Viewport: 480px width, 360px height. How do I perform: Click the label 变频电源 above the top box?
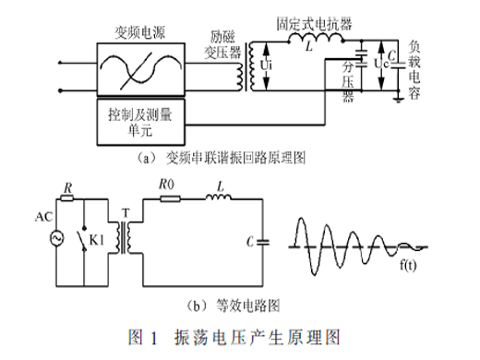[x=140, y=32]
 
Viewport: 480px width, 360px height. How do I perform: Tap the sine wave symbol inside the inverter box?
[x=141, y=69]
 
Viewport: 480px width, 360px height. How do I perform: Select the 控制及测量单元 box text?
[x=140, y=122]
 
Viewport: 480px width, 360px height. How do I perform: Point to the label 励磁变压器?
[x=222, y=45]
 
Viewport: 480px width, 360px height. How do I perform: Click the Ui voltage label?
[x=266, y=66]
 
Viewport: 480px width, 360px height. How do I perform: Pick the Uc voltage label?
[x=381, y=64]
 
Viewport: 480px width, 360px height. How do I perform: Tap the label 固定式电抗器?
[x=314, y=24]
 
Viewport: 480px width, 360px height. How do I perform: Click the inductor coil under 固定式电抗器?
[x=316, y=38]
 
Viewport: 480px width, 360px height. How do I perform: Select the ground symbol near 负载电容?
[x=399, y=99]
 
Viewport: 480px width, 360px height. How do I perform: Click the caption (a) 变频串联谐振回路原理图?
[x=221, y=158]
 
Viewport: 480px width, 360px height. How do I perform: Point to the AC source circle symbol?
[x=56, y=238]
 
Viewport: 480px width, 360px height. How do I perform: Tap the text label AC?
[x=43, y=217]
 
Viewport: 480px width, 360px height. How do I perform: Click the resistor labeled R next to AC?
[x=66, y=198]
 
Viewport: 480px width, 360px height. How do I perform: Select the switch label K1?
[x=97, y=240]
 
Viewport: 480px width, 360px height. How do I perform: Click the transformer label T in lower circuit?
[x=126, y=212]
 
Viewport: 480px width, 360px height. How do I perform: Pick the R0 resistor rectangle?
[x=170, y=199]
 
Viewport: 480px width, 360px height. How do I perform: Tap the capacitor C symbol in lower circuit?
[x=262, y=242]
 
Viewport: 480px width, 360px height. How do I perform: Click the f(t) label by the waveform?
[x=408, y=265]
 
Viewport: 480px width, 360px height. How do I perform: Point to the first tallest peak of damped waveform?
[x=301, y=219]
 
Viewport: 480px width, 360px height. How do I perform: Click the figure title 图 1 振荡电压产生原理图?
[x=234, y=337]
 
